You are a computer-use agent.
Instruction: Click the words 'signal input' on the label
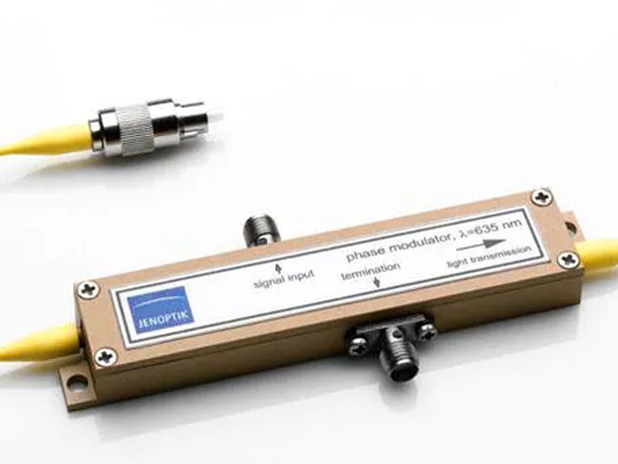coord(284,278)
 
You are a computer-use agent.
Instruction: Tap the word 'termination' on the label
coord(371,270)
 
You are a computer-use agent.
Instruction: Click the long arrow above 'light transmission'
coord(481,245)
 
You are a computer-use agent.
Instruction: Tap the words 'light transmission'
coord(488,257)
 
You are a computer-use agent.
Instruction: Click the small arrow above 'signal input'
coord(278,268)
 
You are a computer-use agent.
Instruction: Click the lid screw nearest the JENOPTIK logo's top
coord(89,289)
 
